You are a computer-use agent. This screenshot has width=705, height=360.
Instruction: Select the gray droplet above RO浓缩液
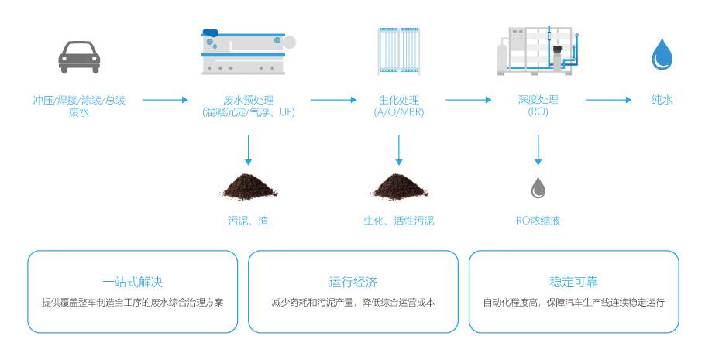tap(538, 187)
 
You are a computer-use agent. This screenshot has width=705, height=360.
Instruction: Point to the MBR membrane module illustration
tap(398, 52)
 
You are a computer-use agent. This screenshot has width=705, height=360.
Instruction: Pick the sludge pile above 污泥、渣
tap(248, 187)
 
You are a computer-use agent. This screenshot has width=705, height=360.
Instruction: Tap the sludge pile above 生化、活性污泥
tap(398, 187)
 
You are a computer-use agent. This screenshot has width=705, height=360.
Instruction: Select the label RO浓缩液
tap(538, 221)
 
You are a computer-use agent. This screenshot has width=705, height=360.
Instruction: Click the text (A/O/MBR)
tap(398, 113)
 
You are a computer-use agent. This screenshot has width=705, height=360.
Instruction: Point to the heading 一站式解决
tap(132, 282)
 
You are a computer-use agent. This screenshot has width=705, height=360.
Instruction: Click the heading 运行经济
tap(352, 282)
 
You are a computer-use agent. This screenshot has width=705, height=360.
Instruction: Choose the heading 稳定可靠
tap(573, 282)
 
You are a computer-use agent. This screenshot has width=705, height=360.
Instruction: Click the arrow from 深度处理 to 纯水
tap(610, 100)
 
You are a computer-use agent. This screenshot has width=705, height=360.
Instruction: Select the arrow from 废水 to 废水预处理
tap(165, 100)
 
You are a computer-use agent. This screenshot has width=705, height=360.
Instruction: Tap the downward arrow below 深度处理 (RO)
tap(538, 150)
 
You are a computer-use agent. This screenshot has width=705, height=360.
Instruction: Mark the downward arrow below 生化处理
tap(398, 150)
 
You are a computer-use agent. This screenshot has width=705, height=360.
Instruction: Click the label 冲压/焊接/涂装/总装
tap(79, 100)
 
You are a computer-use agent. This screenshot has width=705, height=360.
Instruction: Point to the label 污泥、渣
tap(248, 221)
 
